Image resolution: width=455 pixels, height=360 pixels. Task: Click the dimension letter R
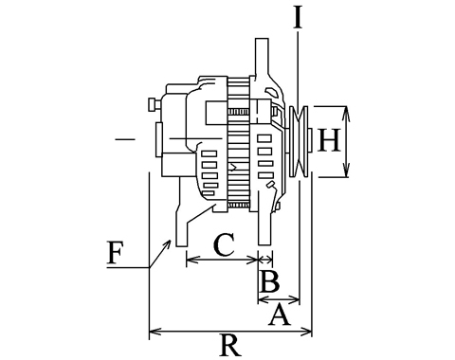click(x=230, y=346)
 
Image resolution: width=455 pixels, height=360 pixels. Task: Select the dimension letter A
click(x=280, y=314)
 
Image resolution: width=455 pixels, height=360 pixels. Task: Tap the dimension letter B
click(x=269, y=281)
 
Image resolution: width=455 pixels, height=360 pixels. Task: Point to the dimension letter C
click(x=224, y=244)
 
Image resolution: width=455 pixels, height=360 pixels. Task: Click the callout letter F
click(x=115, y=253)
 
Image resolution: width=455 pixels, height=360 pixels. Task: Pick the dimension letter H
click(x=329, y=140)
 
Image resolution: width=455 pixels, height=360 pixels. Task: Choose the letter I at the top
click(x=298, y=16)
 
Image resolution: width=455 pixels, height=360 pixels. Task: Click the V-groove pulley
click(x=299, y=141)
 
